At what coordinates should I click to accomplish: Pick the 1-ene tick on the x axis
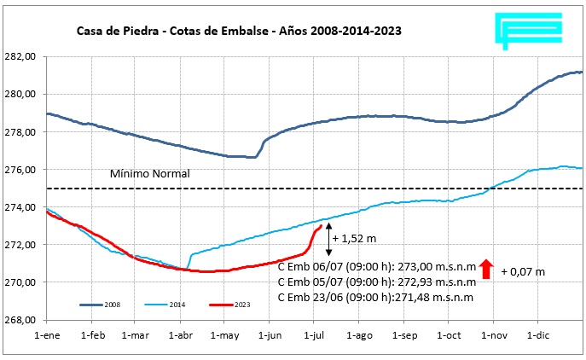46,336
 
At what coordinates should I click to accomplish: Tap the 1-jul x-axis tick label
314,336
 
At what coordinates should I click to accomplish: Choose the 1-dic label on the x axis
538,336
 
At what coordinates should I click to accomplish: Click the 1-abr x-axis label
180,336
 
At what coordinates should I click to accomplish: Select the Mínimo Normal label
149,174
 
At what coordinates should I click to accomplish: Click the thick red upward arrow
486,270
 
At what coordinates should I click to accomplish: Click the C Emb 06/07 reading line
376,264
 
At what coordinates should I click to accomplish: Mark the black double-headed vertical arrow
328,239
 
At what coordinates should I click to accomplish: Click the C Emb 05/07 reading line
376,280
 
